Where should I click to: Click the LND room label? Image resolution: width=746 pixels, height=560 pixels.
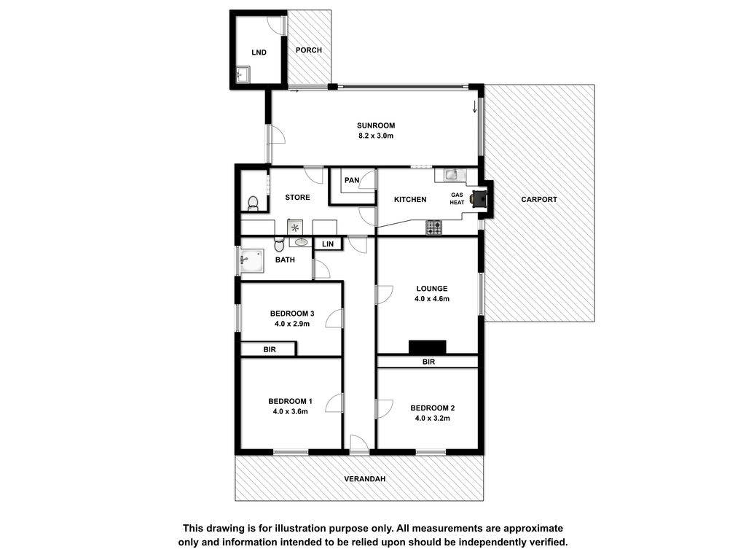click(259, 52)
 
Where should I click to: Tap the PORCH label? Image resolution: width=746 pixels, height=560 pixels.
click(309, 50)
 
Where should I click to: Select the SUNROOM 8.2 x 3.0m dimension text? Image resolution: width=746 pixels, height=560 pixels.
click(376, 136)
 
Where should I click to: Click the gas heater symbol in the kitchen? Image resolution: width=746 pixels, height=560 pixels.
click(479, 198)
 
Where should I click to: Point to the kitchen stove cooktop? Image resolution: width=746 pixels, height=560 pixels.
click(433, 227)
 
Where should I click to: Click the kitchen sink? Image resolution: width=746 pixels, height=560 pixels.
click(451, 175)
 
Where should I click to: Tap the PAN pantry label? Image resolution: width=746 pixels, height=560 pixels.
click(352, 180)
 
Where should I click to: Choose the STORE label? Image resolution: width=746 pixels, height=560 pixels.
click(297, 197)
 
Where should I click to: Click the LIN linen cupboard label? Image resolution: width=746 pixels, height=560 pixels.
click(328, 244)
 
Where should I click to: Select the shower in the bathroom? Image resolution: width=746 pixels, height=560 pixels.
click(251, 261)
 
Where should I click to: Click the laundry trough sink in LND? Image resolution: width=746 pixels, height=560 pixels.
click(243, 74)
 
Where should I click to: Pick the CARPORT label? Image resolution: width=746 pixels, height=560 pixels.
click(539, 200)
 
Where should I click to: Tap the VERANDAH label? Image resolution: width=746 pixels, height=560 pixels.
click(365, 479)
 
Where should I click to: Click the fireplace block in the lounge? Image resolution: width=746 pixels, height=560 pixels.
click(427, 347)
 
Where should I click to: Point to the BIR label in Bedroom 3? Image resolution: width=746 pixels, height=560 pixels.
click(270, 349)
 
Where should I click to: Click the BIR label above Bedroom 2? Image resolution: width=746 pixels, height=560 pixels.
click(428, 362)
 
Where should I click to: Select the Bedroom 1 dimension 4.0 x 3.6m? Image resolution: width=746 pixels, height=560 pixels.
click(290, 411)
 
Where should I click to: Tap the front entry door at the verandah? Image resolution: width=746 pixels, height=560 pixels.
click(359, 444)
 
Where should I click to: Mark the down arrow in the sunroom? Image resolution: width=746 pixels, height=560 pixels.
click(474, 107)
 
